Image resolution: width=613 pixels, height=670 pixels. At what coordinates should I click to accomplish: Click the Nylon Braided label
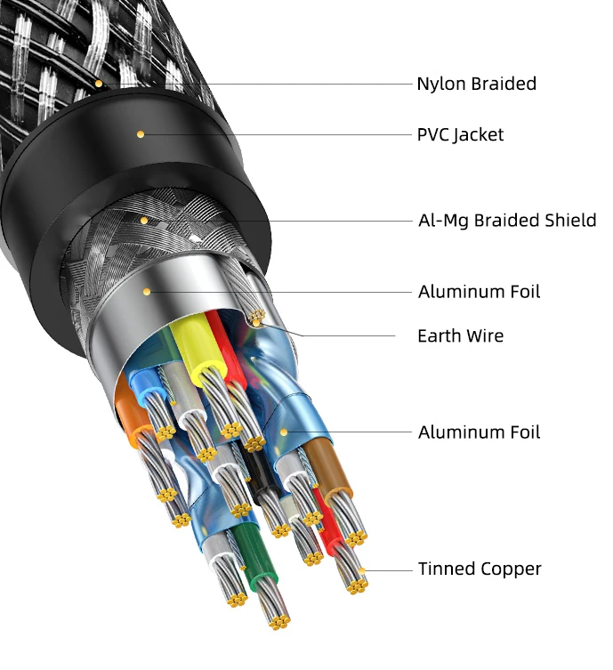click(476, 85)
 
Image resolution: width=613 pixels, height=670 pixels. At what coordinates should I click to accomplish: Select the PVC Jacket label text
click(460, 135)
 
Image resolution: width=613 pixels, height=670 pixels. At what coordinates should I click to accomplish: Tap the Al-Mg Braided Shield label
click(507, 221)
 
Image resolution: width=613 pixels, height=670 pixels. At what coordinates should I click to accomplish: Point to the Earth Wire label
click(460, 336)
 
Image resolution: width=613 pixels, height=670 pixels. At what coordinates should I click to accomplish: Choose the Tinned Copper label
click(480, 569)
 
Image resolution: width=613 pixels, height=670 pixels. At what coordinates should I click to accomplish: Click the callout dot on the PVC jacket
click(140, 134)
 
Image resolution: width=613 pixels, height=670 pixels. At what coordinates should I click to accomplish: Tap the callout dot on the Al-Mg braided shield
click(143, 220)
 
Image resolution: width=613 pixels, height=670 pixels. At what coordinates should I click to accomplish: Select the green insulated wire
click(250, 552)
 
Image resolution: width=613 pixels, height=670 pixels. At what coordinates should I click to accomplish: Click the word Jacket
click(478, 135)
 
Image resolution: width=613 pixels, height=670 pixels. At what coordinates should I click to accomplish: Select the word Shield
click(569, 221)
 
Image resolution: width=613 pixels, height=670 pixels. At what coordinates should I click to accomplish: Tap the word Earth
click(440, 336)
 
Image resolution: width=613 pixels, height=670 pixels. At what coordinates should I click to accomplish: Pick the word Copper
click(512, 569)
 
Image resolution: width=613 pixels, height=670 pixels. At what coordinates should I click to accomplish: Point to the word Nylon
click(440, 85)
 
